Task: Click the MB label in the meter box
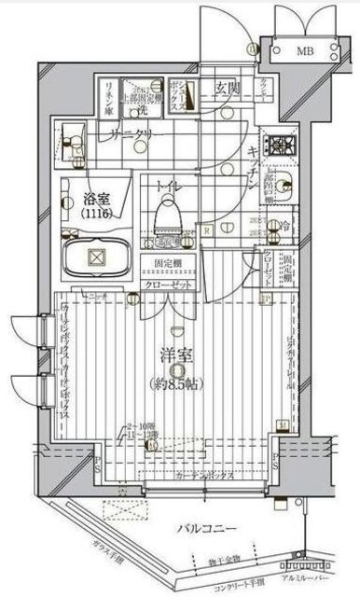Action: [304, 52]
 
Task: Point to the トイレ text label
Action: [169, 187]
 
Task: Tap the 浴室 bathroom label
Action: [94, 198]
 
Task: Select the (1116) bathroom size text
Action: [94, 214]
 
